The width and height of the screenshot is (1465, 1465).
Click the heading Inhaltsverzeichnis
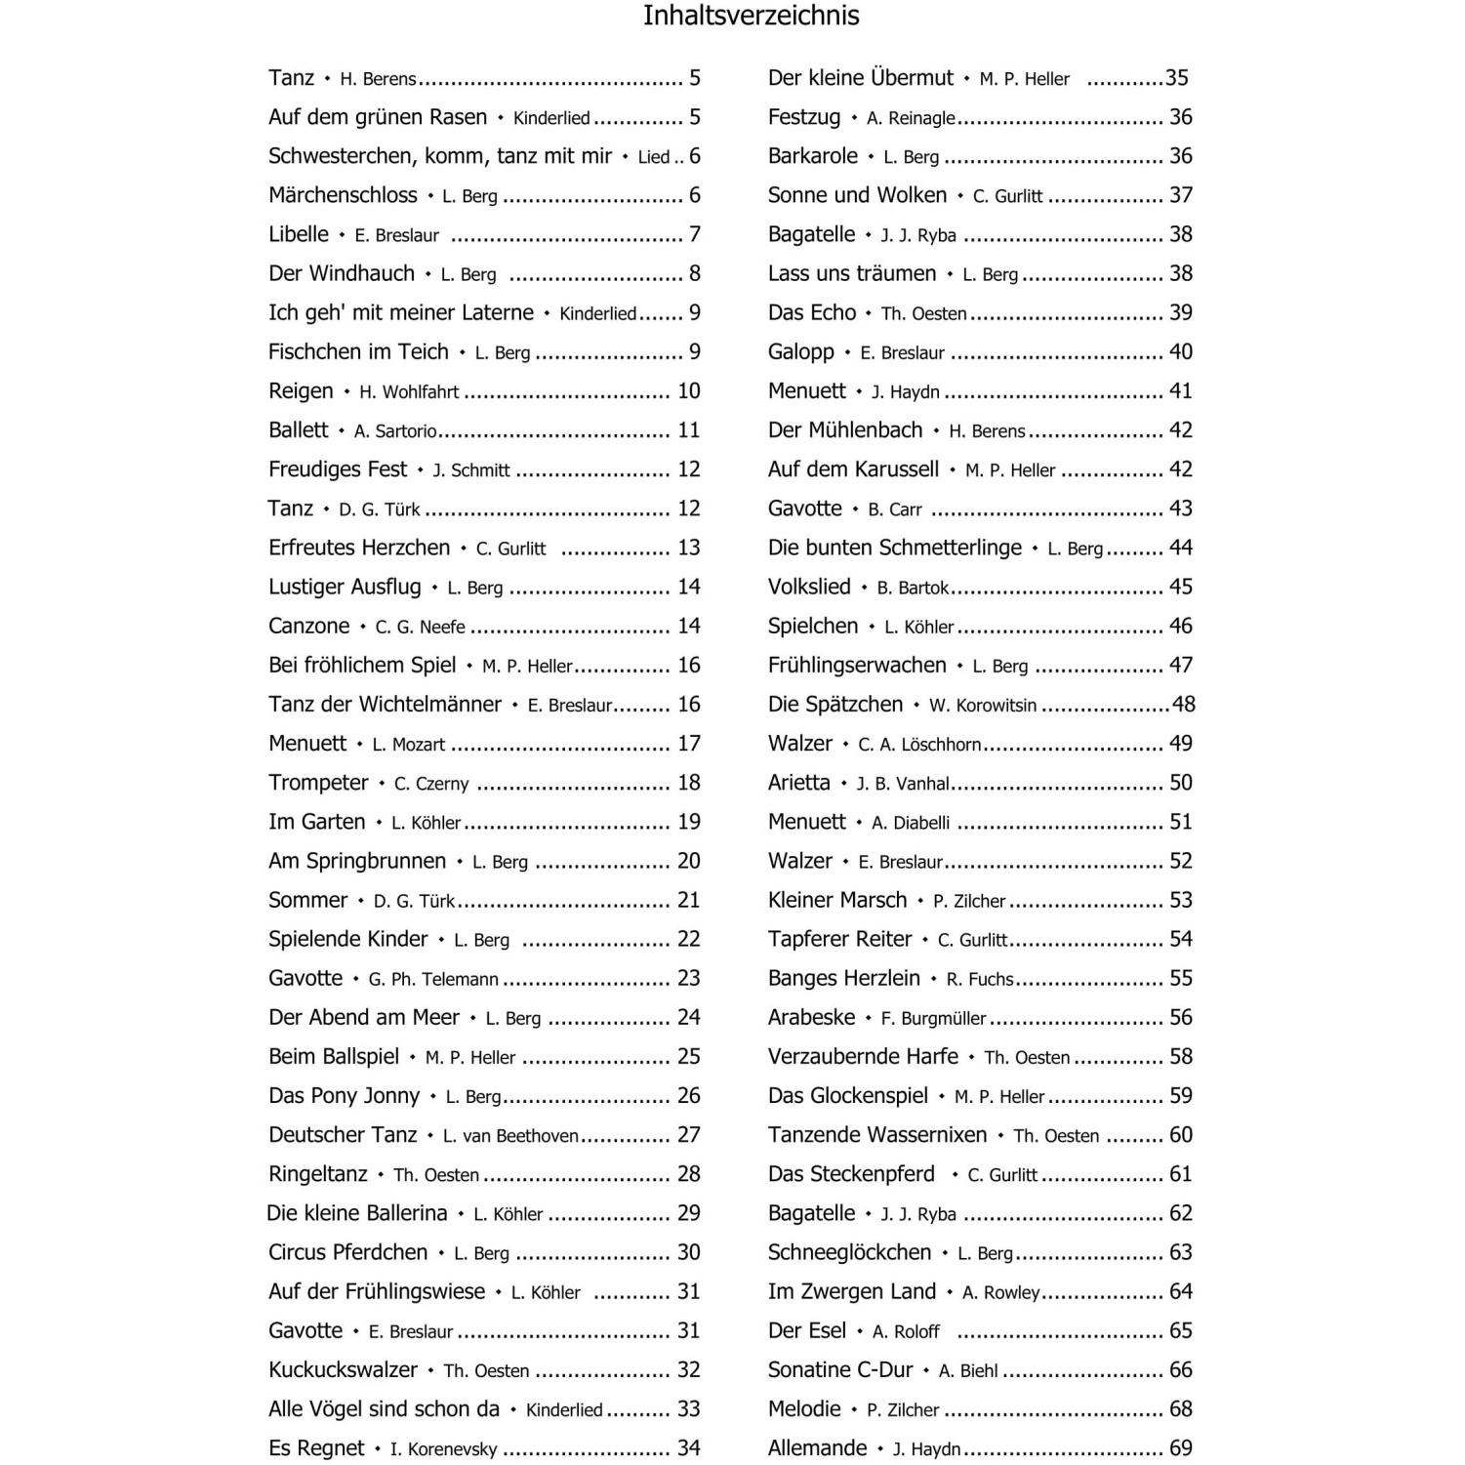751,17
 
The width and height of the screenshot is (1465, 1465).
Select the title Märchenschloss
343,195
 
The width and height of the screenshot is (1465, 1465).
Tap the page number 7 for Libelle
695,234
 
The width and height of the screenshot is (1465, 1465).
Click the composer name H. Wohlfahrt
409,392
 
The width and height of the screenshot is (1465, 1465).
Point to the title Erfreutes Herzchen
359,548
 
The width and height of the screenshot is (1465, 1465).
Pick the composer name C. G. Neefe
420,627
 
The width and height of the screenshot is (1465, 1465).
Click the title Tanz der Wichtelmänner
385,704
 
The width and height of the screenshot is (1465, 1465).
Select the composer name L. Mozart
408,745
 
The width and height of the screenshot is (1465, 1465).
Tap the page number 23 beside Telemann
689,978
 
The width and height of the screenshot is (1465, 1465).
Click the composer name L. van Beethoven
510,1136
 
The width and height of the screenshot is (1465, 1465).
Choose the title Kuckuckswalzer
343,1369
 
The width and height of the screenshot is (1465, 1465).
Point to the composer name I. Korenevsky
443,1449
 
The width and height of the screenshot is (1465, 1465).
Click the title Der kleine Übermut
861,78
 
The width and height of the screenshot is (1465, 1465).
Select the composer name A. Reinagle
911,118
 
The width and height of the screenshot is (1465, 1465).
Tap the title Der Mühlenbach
845,430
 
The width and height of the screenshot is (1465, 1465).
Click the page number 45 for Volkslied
1181,587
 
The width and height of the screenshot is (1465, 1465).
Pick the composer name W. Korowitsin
983,706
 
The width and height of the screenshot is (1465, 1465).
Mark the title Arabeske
811,1017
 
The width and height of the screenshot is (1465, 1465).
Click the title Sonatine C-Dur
840,1369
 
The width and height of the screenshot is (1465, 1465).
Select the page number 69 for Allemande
1181,1448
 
